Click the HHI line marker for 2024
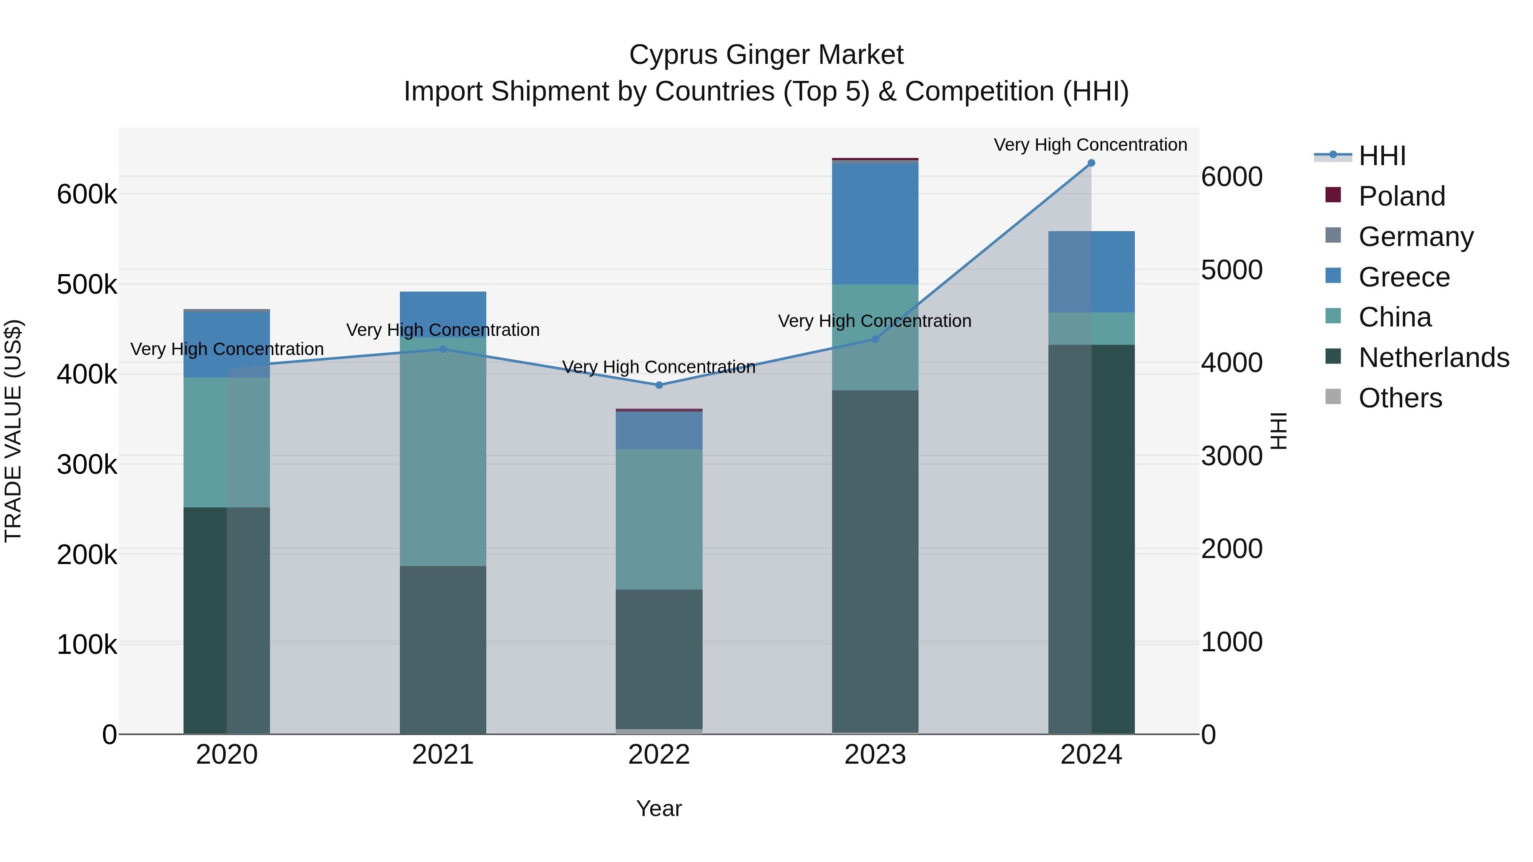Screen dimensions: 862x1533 click(1091, 163)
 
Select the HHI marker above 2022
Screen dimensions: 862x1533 click(659, 385)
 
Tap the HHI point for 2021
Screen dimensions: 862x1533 click(443, 349)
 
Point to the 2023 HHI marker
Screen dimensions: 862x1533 click(875, 339)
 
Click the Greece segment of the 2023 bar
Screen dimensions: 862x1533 click(875, 223)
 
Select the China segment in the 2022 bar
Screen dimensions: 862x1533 click(659, 519)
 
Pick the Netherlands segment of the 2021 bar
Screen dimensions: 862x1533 click(443, 650)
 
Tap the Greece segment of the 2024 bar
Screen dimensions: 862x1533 click(1091, 272)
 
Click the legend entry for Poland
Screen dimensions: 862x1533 click(1401, 196)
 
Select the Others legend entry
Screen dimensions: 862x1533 click(1400, 398)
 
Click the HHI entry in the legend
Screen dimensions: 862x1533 click(1382, 156)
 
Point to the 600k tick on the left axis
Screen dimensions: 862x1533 click(87, 195)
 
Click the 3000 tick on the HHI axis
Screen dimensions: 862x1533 click(1231, 456)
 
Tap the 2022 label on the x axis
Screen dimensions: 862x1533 click(659, 755)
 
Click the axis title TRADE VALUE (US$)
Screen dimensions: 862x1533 click(13, 431)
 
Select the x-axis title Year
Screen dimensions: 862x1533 click(659, 808)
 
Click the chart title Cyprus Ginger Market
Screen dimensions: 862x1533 click(766, 55)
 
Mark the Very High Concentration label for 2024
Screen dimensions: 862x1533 click(1090, 145)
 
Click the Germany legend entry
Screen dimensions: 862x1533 click(1416, 237)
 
